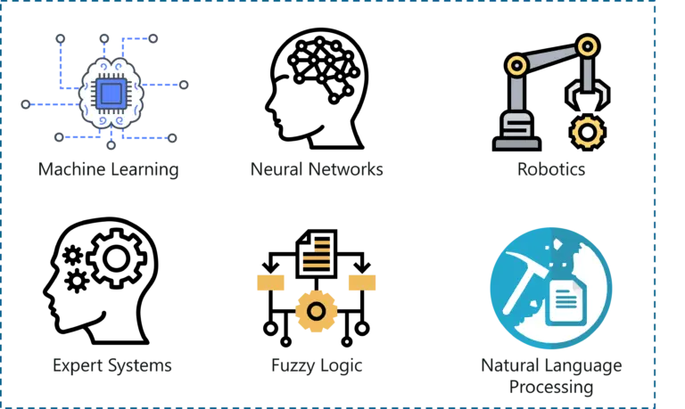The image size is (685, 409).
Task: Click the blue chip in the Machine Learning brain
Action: click(x=111, y=94)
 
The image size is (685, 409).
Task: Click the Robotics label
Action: click(x=551, y=169)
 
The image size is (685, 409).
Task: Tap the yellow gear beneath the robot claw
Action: click(x=587, y=132)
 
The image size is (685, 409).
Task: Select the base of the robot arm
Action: click(x=517, y=132)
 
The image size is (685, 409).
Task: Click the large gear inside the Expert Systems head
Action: click(x=116, y=258)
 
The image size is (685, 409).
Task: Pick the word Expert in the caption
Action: click(x=78, y=366)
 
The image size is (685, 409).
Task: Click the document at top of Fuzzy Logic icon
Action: click(x=317, y=253)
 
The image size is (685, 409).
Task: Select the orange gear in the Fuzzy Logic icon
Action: click(x=316, y=312)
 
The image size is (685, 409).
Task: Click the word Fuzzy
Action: click(x=293, y=366)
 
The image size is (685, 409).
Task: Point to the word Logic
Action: click(x=341, y=366)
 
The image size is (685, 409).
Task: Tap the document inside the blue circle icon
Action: click(x=566, y=302)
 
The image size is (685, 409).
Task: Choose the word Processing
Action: click(x=551, y=388)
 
